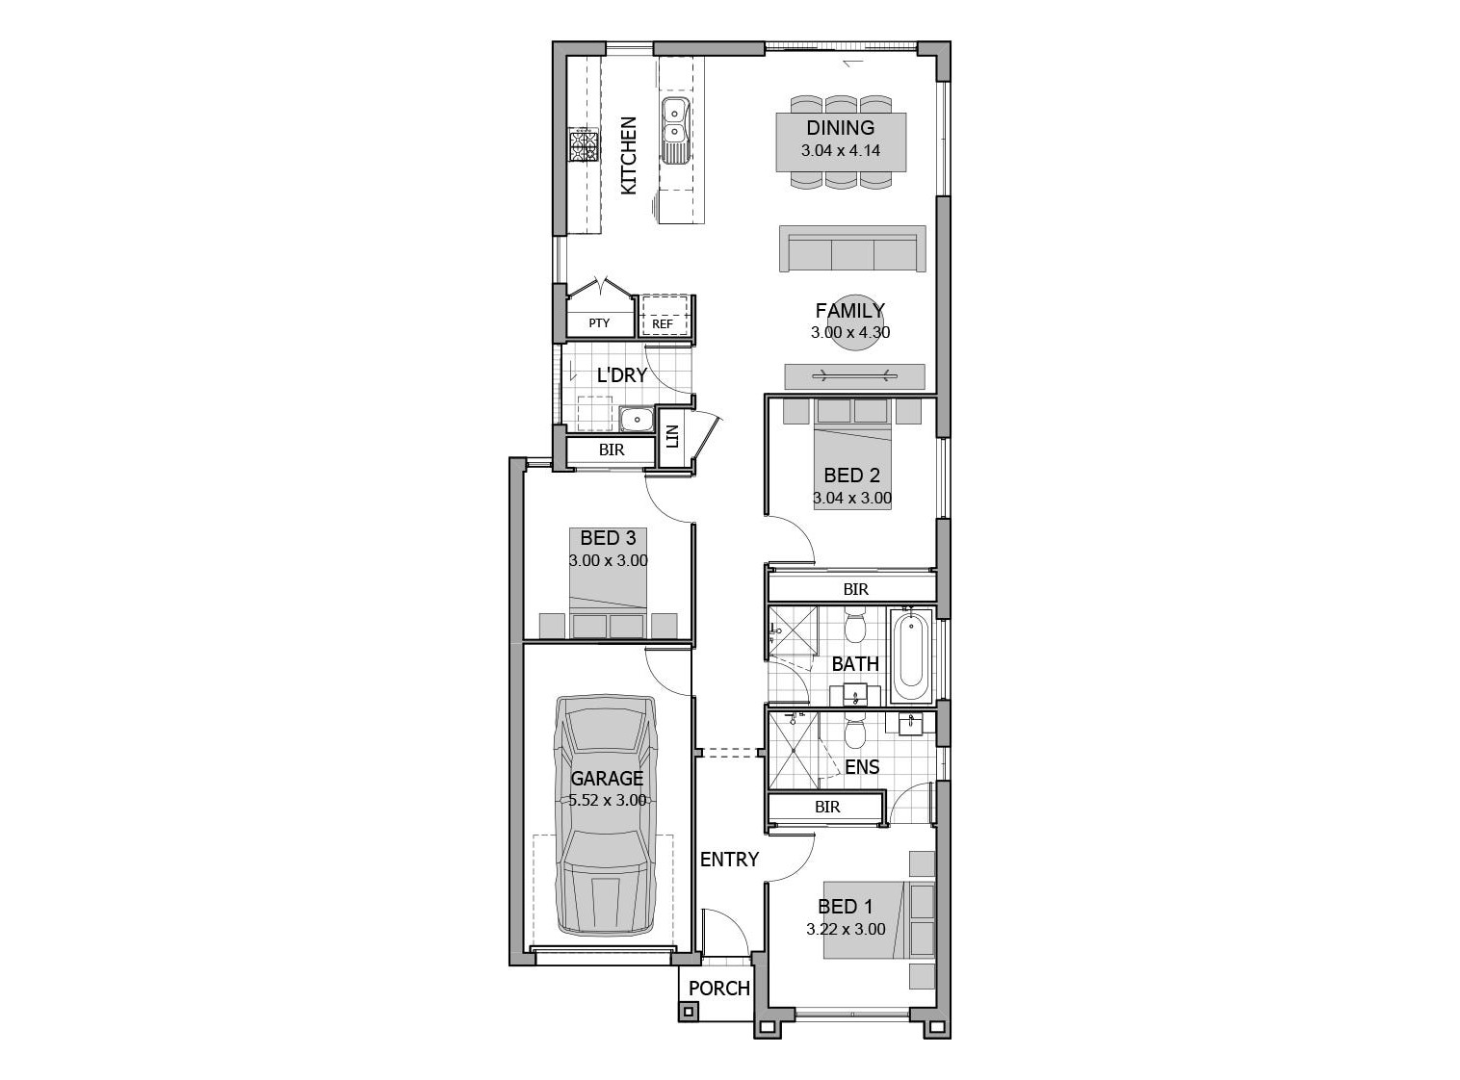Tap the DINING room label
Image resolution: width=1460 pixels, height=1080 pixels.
[841, 128]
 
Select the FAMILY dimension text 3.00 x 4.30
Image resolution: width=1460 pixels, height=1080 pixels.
[850, 332]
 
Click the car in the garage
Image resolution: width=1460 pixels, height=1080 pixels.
[607, 814]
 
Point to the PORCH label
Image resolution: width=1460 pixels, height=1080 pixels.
[719, 988]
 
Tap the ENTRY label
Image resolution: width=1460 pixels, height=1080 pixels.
[729, 859]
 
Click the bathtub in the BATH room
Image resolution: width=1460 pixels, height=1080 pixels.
[912, 656]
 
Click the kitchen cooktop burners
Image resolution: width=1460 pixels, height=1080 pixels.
[123, 145]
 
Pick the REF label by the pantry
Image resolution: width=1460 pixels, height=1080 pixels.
[663, 323]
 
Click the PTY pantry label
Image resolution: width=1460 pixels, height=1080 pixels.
[599, 323]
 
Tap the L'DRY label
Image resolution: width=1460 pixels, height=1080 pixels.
[622, 375]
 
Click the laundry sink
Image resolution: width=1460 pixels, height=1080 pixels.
[636, 419]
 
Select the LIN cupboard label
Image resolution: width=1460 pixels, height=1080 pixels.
[672, 436]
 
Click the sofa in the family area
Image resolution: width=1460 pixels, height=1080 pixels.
[852, 248]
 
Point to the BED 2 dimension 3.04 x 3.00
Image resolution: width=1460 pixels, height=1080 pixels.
[852, 498]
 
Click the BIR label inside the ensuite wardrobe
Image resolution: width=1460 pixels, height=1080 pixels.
[827, 807]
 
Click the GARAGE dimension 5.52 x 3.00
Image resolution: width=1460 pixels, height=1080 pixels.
[607, 800]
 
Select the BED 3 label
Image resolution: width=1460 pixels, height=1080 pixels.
[609, 538]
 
